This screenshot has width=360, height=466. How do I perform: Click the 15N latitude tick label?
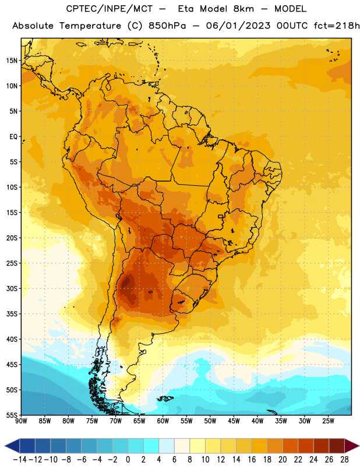coord(12,61)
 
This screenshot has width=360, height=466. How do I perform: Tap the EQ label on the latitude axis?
coord(13,137)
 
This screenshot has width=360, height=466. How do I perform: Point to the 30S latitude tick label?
coord(12,288)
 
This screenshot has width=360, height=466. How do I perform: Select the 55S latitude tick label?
coord(12,415)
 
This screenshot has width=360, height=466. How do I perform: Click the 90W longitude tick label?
coord(22,421)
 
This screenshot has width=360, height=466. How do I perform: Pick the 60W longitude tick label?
coord(163,421)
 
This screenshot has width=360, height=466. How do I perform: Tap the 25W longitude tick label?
coord(328,421)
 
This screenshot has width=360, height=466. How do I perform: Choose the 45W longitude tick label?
coord(234,421)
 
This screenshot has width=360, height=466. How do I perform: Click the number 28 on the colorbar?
coord(344,460)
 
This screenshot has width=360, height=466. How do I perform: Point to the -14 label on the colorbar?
coord(20,460)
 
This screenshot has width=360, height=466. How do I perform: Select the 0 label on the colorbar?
coord(128,460)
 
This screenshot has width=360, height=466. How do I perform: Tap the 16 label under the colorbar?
coord(252,460)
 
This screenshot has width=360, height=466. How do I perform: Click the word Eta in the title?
coord(185,9)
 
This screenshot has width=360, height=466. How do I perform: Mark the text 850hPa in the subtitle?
coord(167,26)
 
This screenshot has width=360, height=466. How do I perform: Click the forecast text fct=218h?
coord(337,26)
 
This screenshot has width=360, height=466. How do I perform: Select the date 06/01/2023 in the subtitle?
coord(238,26)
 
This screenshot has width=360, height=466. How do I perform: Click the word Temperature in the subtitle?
coord(90,26)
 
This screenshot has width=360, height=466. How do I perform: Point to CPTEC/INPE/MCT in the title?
coord(110,9)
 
